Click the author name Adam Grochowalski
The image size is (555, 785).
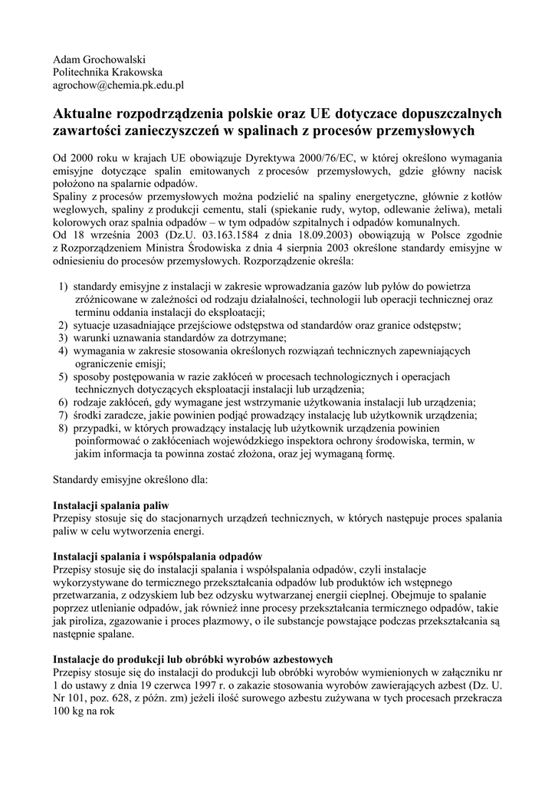(x=99, y=59)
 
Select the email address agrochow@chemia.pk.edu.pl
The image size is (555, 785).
(x=118, y=86)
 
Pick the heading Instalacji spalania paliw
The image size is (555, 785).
(x=110, y=505)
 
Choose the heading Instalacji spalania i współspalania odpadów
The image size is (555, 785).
(x=157, y=557)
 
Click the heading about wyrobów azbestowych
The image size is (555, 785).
(x=192, y=659)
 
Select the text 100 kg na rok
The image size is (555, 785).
(x=83, y=710)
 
